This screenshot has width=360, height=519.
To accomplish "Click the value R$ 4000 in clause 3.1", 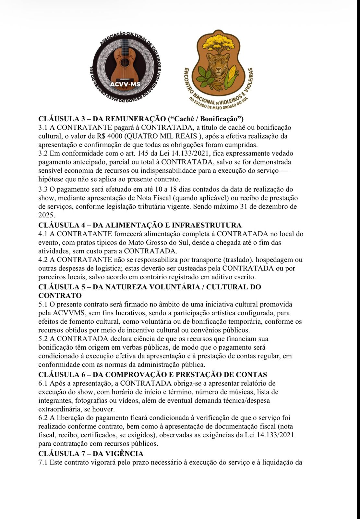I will tap(110, 136).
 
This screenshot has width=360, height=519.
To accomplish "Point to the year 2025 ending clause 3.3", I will tap(46, 215).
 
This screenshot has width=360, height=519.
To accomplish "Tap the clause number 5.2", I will tap(43, 339).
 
